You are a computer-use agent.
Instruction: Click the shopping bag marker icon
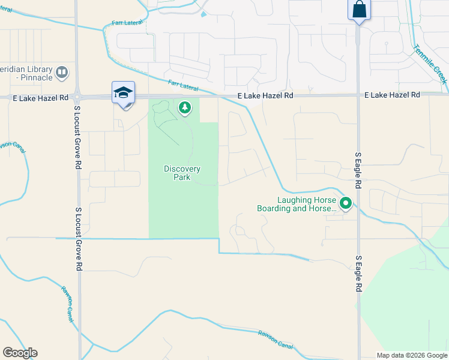[358, 10]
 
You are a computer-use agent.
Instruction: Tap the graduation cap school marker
[123, 93]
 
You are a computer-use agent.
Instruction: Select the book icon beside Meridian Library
[61, 73]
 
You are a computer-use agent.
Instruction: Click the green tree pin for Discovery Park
[185, 108]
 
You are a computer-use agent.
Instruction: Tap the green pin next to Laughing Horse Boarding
[345, 204]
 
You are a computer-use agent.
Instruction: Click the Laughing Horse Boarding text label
[297, 205]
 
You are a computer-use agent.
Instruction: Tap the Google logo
[20, 353]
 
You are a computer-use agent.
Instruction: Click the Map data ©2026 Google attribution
[412, 355]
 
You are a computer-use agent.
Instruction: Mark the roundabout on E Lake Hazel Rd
[77, 96]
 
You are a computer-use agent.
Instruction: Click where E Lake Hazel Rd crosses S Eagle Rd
[358, 95]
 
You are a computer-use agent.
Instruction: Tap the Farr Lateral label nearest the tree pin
[182, 86]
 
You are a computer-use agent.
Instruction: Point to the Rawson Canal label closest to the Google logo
[67, 304]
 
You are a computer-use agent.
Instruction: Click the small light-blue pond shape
[204, 14]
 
